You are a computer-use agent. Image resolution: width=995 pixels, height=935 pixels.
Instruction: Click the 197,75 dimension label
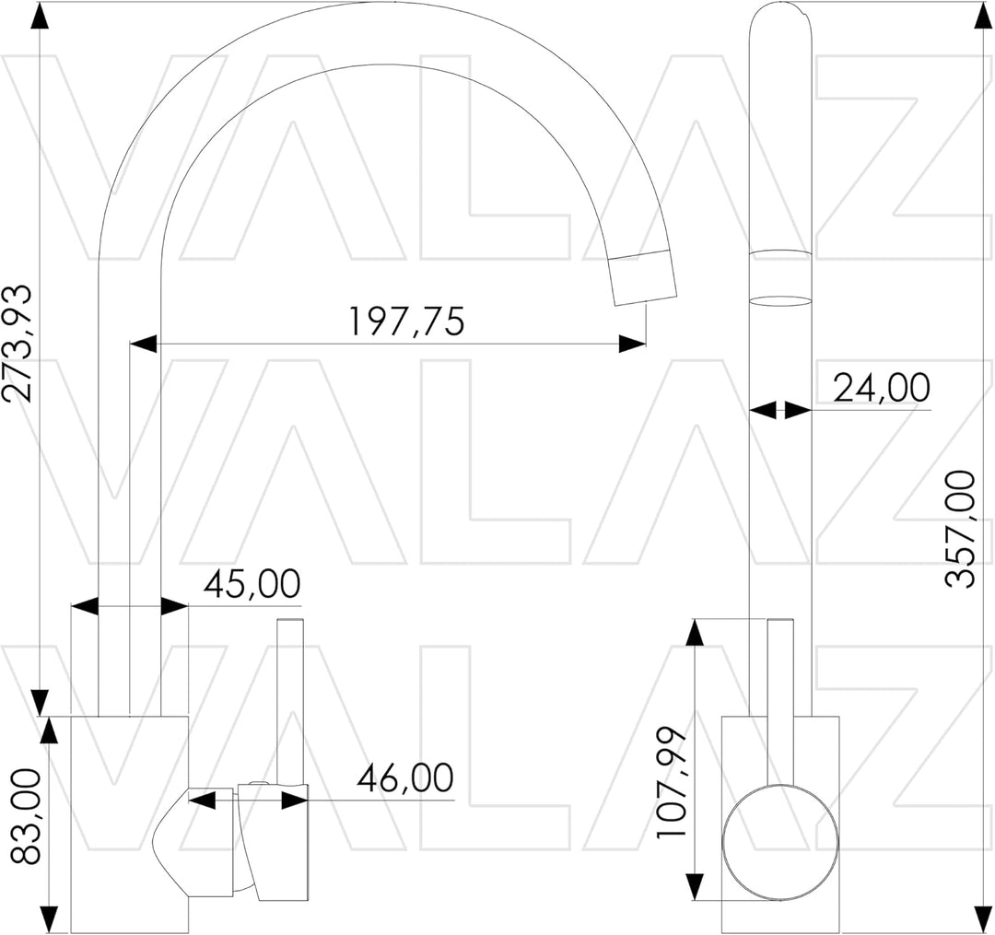(407, 321)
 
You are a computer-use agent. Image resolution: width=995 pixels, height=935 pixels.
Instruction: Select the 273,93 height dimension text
(18, 344)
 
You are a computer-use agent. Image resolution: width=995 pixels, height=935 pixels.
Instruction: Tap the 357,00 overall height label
(959, 529)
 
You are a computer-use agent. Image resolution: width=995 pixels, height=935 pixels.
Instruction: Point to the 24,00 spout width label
(882, 388)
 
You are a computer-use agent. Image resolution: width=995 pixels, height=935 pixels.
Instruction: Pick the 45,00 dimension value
(252, 584)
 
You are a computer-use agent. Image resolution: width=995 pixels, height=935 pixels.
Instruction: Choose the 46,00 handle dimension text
(405, 777)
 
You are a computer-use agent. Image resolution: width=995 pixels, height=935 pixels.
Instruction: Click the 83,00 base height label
(26, 816)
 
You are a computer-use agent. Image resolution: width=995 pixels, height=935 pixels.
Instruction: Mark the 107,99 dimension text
(672, 781)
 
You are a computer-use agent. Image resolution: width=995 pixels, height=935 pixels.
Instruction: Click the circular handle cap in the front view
(780, 842)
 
